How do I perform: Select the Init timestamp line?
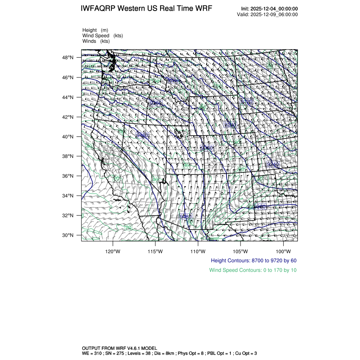[x=269, y=9]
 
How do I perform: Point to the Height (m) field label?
[x=95, y=30]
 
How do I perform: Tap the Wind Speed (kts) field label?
[x=103, y=36]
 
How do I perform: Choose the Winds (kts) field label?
[x=96, y=41]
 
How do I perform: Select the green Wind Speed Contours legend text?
[x=253, y=270]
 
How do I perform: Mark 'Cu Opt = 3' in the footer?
[x=256, y=353]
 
